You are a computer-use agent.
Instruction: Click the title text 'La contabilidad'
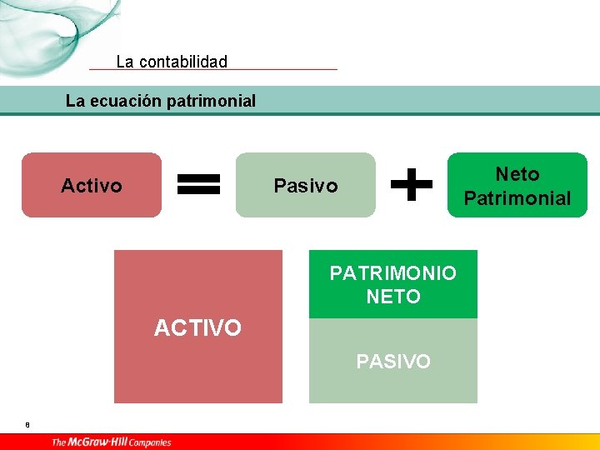pyautogui.click(x=172, y=62)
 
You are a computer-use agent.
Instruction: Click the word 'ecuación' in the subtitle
pyautogui.click(x=125, y=102)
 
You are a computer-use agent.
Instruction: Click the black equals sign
pyautogui.click(x=200, y=184)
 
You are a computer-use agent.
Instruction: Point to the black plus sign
pyautogui.click(x=412, y=184)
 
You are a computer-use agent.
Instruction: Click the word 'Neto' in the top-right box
pyautogui.click(x=517, y=174)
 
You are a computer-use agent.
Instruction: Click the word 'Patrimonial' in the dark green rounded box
pyautogui.click(x=517, y=198)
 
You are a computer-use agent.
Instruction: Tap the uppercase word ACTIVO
pyautogui.click(x=197, y=328)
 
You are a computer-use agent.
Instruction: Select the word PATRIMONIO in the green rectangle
pyautogui.click(x=393, y=273)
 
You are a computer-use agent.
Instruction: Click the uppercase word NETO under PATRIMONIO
pyautogui.click(x=393, y=296)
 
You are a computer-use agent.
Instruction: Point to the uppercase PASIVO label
pyautogui.click(x=393, y=362)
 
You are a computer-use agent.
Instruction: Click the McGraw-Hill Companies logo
pyautogui.click(x=111, y=442)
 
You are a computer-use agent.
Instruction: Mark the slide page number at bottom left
pyautogui.click(x=27, y=425)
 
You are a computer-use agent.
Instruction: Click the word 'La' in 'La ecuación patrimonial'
pyautogui.click(x=75, y=102)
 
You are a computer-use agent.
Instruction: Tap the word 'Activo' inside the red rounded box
pyautogui.click(x=92, y=186)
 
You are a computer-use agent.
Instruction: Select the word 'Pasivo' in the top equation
pyautogui.click(x=306, y=186)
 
